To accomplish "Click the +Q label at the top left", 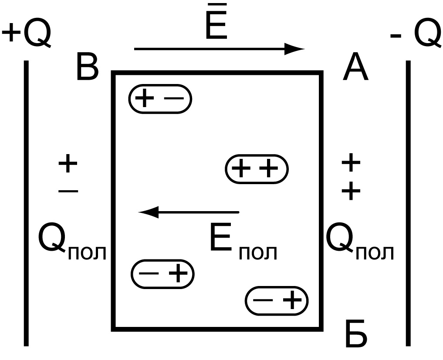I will tap(27, 34).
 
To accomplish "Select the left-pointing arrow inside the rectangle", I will tap(189, 212).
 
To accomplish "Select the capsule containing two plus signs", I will tap(257, 169).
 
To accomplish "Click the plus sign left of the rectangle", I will tap(68, 165).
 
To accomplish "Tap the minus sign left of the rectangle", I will tap(68, 190).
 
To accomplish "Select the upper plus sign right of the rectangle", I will tap(351, 163).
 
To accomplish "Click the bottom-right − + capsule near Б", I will tap(277, 300).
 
